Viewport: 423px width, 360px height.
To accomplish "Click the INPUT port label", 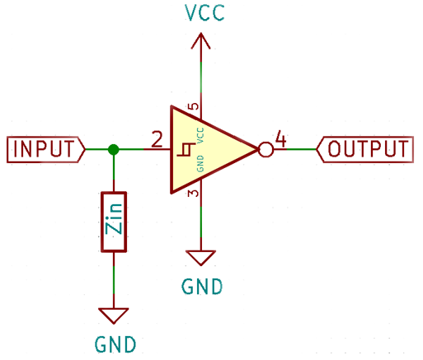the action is (46, 149).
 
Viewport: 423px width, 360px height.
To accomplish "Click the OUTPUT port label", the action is (365, 149).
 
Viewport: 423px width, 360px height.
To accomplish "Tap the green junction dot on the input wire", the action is (114, 150).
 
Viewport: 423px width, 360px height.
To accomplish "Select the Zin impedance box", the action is (114, 222).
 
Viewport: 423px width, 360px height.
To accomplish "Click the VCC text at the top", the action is (204, 12).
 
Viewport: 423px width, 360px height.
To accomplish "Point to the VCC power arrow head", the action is (201, 41).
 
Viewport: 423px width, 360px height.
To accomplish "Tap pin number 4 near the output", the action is (280, 138).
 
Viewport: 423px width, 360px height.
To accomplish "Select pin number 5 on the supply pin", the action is (194, 106).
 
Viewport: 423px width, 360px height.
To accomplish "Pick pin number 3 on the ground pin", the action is (194, 193).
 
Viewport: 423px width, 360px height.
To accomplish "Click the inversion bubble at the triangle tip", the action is (266, 150).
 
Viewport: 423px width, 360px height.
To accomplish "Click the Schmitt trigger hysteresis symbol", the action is (186, 150).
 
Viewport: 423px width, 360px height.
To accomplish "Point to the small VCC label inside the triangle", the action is (200, 135).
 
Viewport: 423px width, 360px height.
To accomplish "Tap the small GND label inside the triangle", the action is (200, 164).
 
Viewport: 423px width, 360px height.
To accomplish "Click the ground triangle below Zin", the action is (114, 316).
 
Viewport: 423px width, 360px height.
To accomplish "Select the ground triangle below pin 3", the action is (201, 258).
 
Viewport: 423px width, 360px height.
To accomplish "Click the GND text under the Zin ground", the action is (115, 344).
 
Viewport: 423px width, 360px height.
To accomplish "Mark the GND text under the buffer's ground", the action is (202, 287).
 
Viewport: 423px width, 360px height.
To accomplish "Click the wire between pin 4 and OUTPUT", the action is (302, 149).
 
